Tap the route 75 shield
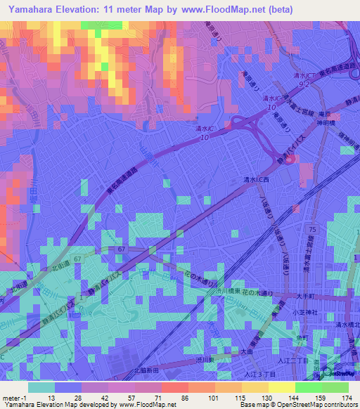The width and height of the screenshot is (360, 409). (312, 230)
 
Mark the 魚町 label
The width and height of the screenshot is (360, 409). (302, 338)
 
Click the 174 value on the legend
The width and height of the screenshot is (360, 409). (346, 397)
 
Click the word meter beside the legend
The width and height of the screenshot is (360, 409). (11, 397)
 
